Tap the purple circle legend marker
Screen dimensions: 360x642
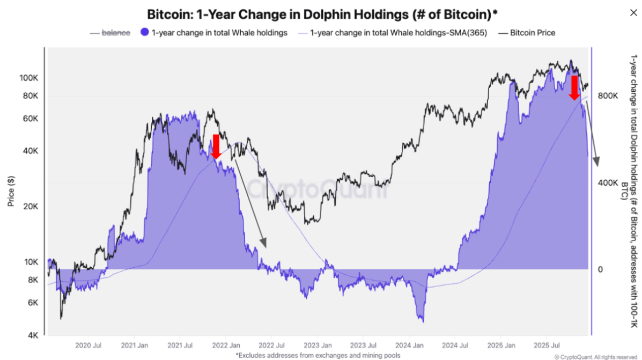144,33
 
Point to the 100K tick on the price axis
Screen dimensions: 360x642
28,78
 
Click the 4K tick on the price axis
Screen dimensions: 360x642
32,336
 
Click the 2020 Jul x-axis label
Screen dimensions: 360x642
88,345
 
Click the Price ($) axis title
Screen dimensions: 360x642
11,191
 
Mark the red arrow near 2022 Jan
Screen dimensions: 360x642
216,146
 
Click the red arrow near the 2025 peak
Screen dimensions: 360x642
574,87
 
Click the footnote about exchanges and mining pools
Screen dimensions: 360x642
318,355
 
